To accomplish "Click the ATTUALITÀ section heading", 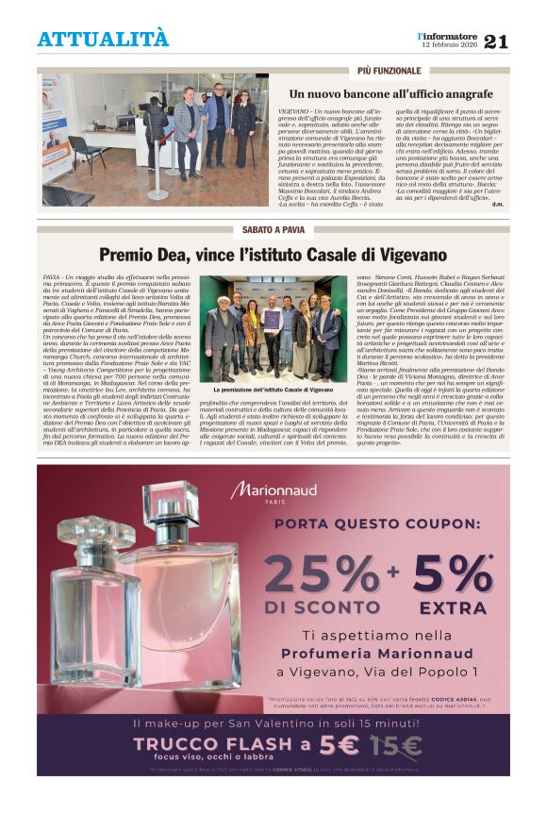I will [103, 39].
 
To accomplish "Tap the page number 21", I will [496, 41].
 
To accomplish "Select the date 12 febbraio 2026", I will [448, 45].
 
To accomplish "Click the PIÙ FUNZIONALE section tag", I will [389, 72].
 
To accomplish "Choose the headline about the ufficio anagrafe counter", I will [390, 94].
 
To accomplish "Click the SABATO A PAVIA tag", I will [273, 230].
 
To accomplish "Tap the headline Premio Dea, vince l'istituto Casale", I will [273, 254].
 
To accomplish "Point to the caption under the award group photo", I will [273, 389].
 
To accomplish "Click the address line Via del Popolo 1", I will [377, 672].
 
